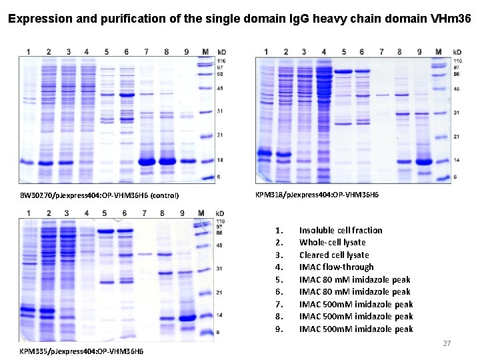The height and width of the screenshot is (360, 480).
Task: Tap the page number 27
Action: click(x=447, y=343)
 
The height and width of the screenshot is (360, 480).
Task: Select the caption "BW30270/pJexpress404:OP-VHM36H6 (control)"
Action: click(x=99, y=195)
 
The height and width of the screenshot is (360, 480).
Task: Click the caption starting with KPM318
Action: click(x=317, y=194)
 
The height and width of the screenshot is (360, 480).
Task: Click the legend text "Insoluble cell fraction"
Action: click(x=341, y=230)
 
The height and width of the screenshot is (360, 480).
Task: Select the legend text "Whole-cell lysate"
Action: click(x=332, y=243)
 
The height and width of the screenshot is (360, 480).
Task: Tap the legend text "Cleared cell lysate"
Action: click(x=334, y=255)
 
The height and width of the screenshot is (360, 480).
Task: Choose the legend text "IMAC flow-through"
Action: click(x=336, y=267)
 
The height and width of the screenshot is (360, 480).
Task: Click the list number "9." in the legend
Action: click(x=279, y=329)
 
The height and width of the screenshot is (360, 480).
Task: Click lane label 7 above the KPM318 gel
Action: click(x=381, y=51)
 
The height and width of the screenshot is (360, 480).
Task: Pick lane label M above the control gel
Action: click(x=205, y=51)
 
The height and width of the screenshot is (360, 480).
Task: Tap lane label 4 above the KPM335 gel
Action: click(x=87, y=213)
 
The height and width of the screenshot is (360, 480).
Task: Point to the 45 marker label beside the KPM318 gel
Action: click(x=457, y=89)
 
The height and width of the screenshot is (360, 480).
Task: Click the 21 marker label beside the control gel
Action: click(x=220, y=135)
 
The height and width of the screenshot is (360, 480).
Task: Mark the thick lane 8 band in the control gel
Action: click(x=167, y=161)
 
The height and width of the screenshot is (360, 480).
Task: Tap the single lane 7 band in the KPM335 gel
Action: click(x=145, y=254)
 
